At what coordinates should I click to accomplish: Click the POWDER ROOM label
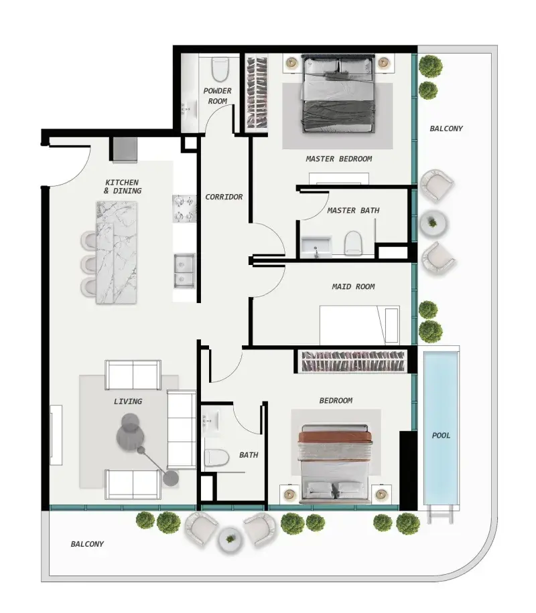click(x=217, y=96)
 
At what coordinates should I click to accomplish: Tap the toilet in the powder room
click(x=220, y=69)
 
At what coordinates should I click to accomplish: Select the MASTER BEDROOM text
click(x=338, y=159)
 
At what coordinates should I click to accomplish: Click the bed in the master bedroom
click(x=337, y=94)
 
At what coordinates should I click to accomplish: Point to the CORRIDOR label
click(x=224, y=197)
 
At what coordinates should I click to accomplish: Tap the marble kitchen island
click(x=117, y=252)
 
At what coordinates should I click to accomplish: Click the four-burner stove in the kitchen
click(x=184, y=208)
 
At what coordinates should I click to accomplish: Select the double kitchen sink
click(x=184, y=270)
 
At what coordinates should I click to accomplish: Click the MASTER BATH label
click(x=353, y=210)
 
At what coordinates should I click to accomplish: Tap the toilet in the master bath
click(x=353, y=243)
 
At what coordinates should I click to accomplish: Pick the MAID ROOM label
click(x=353, y=286)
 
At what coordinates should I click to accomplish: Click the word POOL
click(x=441, y=435)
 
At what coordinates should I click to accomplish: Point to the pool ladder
click(x=440, y=514)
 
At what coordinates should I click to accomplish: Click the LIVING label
click(x=128, y=402)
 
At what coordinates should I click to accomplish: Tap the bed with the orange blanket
click(x=335, y=464)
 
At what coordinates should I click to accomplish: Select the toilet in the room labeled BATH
click(x=216, y=457)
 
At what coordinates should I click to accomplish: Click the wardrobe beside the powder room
click(x=257, y=94)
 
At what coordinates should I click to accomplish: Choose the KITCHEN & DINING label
click(x=122, y=187)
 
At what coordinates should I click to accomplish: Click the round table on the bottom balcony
click(x=230, y=539)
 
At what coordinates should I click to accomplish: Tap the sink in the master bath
click(x=316, y=246)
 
